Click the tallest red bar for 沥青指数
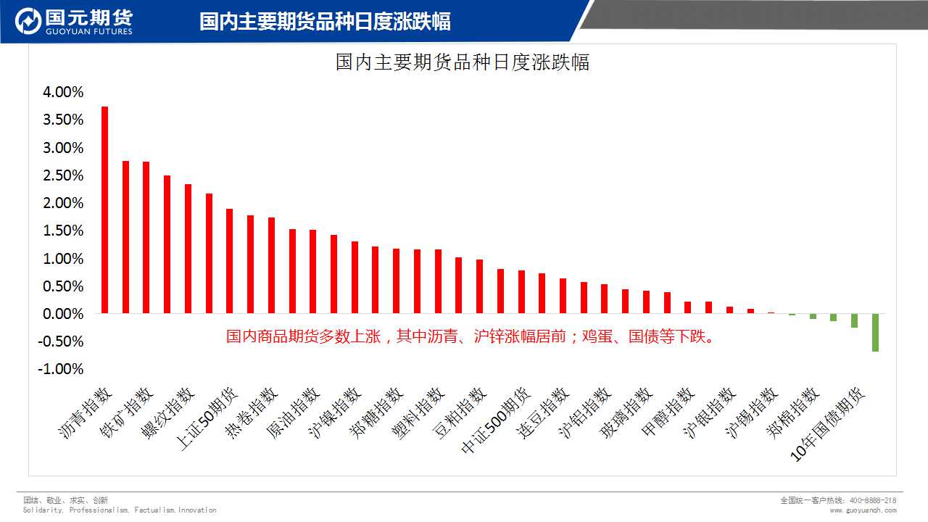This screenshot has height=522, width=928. [104, 210]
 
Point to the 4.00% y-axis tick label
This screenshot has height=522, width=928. [64, 92]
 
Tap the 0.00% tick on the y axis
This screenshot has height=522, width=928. [64, 314]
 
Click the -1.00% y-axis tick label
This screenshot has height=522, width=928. [62, 369]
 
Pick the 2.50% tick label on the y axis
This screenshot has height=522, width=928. [64, 175]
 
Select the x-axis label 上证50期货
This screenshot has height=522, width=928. [207, 419]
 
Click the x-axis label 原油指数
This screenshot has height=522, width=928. [293, 414]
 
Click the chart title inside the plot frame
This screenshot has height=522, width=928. [463, 62]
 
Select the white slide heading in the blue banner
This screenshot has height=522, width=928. [325, 22]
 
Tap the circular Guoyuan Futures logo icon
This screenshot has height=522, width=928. [28, 22]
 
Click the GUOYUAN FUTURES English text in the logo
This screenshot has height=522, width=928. [89, 32]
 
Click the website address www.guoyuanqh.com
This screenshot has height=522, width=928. [863, 510]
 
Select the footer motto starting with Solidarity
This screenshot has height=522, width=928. [120, 510]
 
